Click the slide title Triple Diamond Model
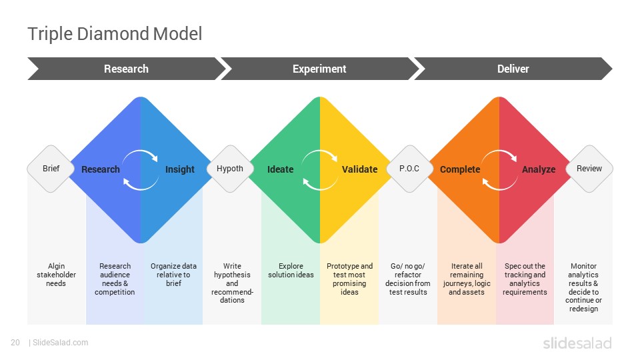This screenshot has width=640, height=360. pos(115,34)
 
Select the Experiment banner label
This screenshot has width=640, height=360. pos(319,69)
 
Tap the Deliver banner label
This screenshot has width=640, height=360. pos(513,69)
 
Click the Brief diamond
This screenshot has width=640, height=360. pos(51,169)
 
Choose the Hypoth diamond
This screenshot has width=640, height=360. pos(230,169)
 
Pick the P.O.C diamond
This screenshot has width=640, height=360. pos(409,169)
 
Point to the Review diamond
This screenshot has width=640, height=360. pos(589,169)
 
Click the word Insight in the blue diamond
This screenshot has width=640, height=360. pos(179,169)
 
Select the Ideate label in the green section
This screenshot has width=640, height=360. pos(281,169)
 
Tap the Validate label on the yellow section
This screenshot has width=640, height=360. pos(359,169)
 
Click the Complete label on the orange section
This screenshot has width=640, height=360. pos(460,169)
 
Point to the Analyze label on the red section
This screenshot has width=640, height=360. pos(539,169)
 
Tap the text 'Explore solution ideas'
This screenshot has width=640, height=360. pos(291,270)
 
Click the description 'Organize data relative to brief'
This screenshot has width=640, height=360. pos(173,275)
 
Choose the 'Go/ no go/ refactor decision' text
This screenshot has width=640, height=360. pos(408,279)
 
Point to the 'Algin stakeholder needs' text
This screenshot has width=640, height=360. pos(56,275)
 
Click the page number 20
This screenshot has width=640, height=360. pos(15,343)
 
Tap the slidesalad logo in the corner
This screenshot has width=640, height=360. pos(577,343)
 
